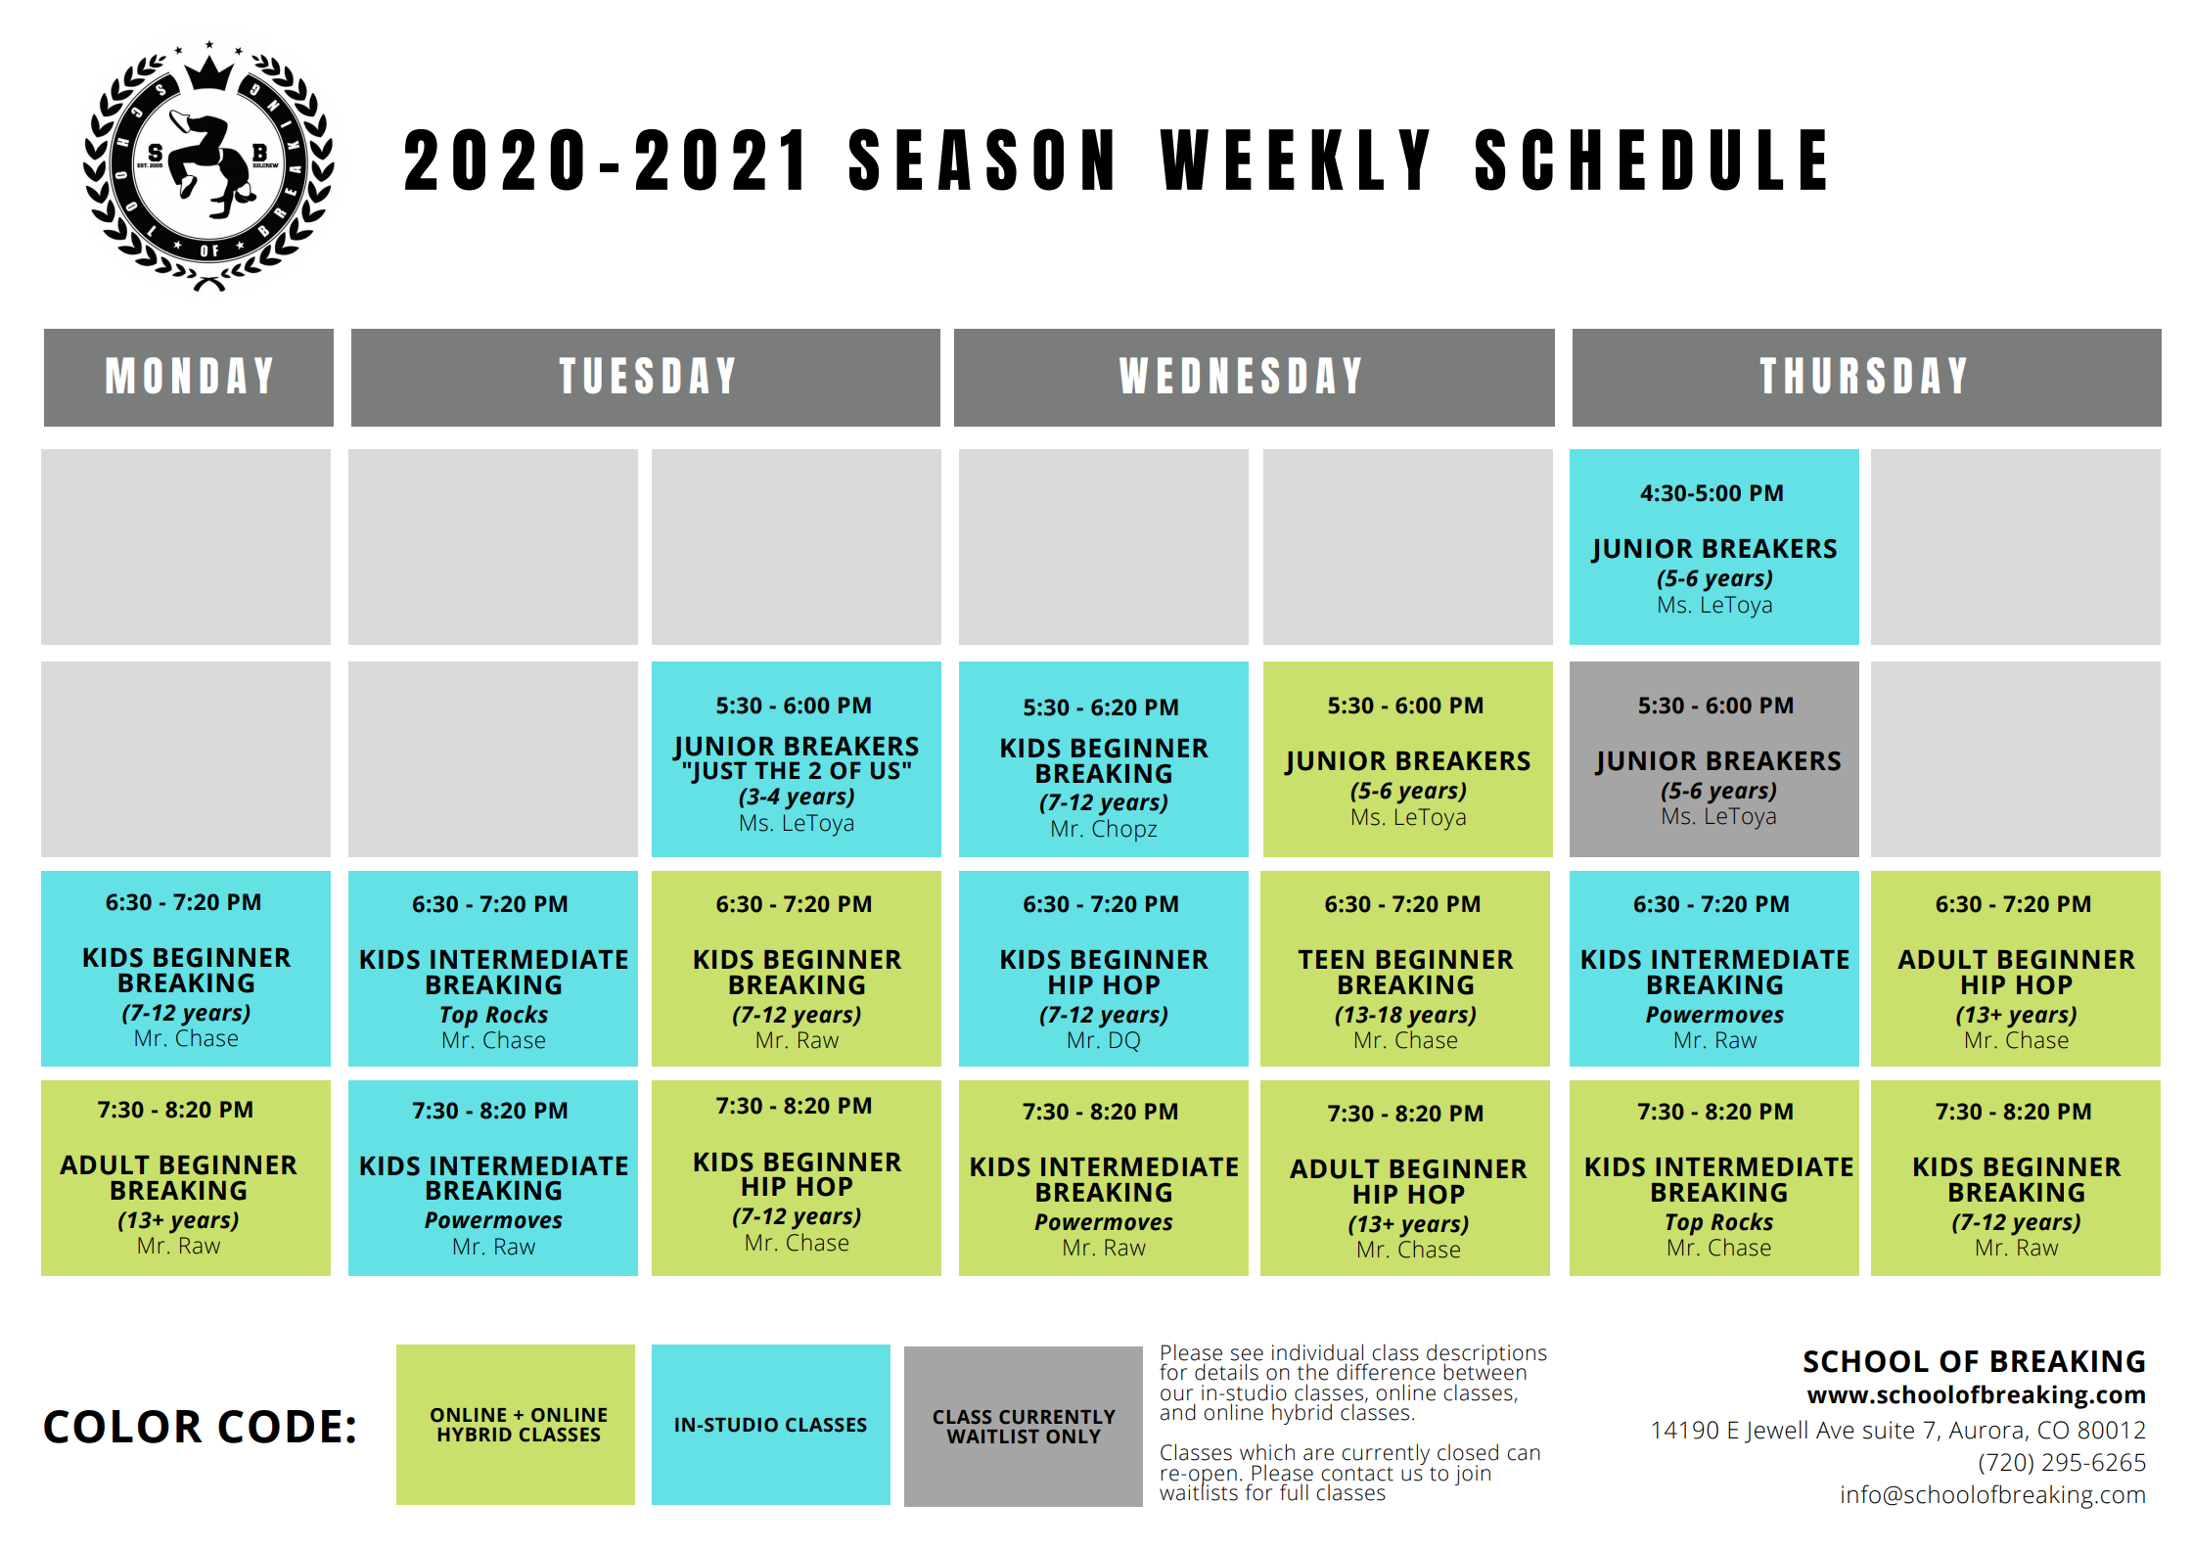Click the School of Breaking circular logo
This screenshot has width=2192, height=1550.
(208, 166)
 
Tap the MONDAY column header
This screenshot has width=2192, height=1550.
(189, 377)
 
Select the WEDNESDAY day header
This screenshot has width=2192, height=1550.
(1254, 377)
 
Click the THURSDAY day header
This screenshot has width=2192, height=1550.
(1866, 377)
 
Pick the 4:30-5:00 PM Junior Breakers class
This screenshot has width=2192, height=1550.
(1713, 547)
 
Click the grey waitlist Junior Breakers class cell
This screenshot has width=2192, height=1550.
(1713, 759)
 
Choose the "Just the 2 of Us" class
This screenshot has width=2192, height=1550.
(796, 759)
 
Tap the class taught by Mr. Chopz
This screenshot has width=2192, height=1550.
(1103, 759)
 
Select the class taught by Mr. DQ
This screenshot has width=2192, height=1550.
(1103, 969)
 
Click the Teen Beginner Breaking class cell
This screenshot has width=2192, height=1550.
(1405, 969)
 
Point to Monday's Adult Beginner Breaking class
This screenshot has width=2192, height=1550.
(186, 1178)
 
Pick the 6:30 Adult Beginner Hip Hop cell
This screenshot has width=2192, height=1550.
(2016, 969)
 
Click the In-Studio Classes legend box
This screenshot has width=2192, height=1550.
(771, 1425)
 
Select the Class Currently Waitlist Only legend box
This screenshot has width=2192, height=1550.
(1024, 1427)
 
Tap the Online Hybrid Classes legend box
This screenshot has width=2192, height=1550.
(516, 1425)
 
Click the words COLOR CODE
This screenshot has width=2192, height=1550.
(201, 1427)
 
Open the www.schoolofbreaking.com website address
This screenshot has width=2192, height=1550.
(1976, 1394)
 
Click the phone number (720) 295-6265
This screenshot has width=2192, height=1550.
(2062, 1463)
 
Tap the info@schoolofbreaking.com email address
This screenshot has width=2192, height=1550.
(1992, 1495)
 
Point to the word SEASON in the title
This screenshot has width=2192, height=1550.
(982, 160)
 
